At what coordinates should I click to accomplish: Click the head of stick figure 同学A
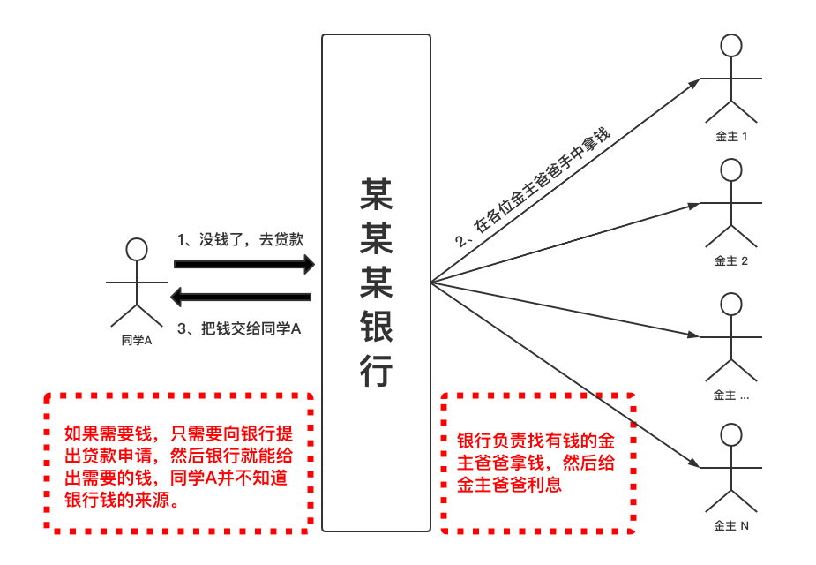[136, 249]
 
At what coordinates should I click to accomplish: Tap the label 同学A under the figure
[137, 340]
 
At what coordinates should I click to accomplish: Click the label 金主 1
[731, 137]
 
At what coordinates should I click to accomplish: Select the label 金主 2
[731, 260]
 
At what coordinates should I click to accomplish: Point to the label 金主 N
[731, 525]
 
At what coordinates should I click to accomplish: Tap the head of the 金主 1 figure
[730, 45]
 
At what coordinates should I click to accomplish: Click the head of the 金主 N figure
[730, 434]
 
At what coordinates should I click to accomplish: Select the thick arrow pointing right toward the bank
[244, 264]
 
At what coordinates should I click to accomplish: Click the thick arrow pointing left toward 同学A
[240, 297]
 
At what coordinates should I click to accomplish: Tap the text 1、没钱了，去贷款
[241, 239]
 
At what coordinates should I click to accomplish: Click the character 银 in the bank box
[376, 328]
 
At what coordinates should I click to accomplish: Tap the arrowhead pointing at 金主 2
[693, 205]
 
